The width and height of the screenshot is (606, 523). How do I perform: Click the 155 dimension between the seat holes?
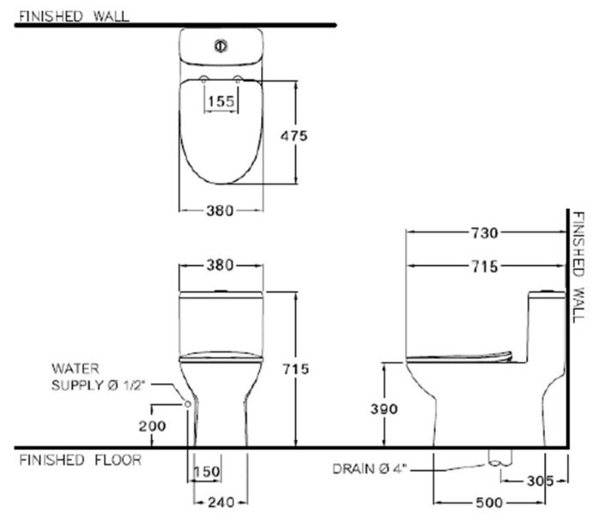click(220, 101)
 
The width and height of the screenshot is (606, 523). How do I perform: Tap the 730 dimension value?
click(483, 232)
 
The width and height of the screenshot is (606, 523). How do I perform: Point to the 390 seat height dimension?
click(384, 409)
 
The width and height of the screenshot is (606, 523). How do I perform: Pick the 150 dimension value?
click(208, 473)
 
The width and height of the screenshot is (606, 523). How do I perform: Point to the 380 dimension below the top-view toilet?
click(220, 211)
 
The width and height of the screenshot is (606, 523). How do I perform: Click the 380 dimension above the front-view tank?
click(220, 265)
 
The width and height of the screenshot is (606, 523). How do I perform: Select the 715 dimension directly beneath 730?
click(483, 267)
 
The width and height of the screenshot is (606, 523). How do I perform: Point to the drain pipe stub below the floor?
click(494, 457)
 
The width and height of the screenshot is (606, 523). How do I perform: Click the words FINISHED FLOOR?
click(80, 460)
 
